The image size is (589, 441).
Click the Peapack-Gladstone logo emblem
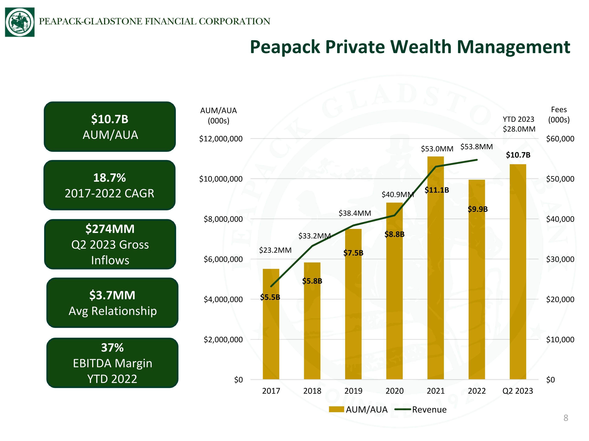[x=20, y=22]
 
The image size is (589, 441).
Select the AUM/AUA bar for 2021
[x=436, y=268]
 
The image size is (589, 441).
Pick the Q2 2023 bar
[x=518, y=272]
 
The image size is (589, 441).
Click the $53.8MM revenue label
[x=477, y=147]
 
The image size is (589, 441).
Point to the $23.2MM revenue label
[x=275, y=250]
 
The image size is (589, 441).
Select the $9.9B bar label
[x=478, y=209]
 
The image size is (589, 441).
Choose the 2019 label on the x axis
[x=353, y=391]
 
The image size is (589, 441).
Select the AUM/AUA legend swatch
[x=336, y=409]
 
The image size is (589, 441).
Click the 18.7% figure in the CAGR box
[x=109, y=178]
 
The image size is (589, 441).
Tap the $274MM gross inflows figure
[x=110, y=229]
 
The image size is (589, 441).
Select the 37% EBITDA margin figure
[x=112, y=348]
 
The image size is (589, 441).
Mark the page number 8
[x=566, y=418]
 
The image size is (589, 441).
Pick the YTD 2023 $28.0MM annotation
[x=519, y=124]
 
